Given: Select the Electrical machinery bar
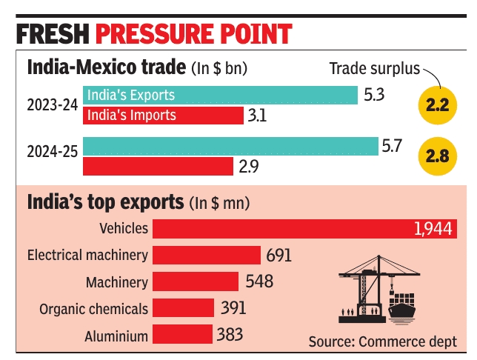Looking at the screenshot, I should pos(207,256).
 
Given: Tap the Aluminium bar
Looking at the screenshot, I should pos(183,334).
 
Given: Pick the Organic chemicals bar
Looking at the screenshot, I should pos(185,308).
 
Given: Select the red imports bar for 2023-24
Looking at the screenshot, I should pos(163,116).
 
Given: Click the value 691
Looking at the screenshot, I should pos(278,256).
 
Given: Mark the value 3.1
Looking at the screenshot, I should pos(257,116).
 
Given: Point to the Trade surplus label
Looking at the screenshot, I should pos(373,69).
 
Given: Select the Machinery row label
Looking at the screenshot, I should pos(116,282).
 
